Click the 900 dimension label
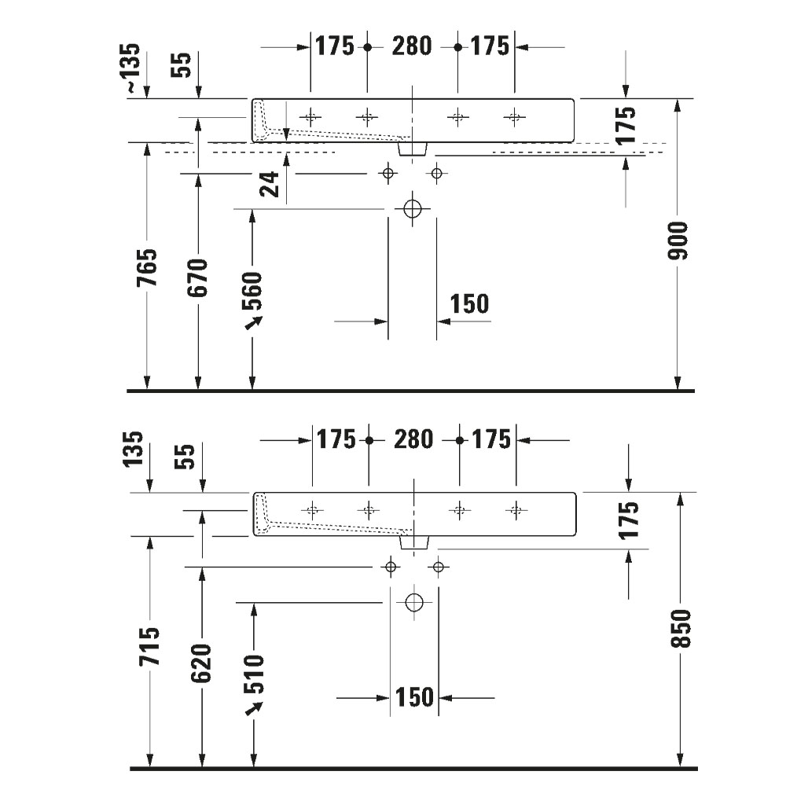[678, 241]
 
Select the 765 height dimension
[148, 267]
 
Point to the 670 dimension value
[198, 276]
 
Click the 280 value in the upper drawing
[412, 46]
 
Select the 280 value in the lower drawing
[413, 439]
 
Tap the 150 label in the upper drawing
[468, 303]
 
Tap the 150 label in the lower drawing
[415, 696]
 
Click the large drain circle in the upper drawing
[413, 209]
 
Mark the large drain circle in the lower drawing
[414, 603]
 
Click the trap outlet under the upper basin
[413, 149]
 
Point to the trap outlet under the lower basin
[414, 542]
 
